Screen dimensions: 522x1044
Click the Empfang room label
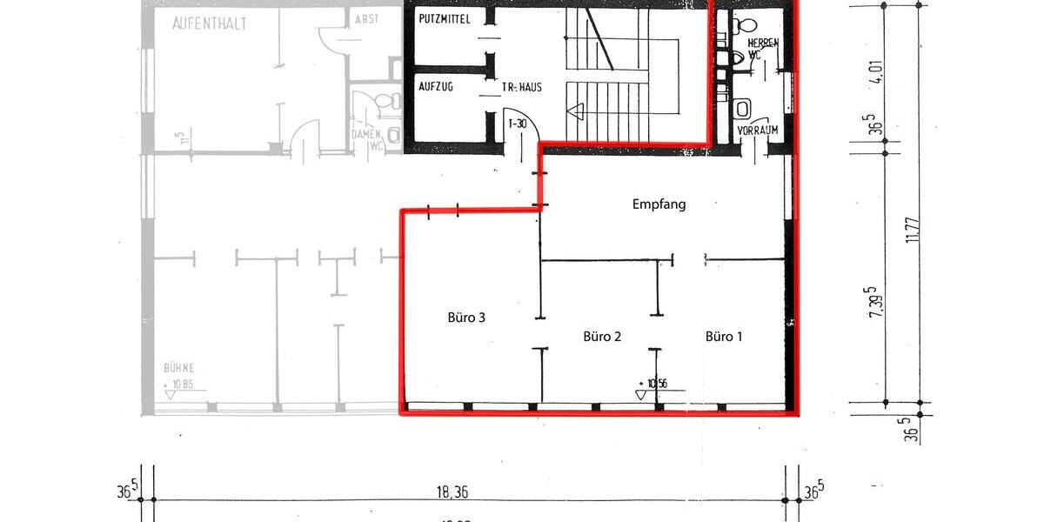pos(659,205)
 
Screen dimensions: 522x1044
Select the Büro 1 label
pos(724,337)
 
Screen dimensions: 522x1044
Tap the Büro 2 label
pos(601,337)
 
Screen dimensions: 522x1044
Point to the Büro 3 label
pos(465,318)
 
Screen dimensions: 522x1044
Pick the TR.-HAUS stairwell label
pos(522,88)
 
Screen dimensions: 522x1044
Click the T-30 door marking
pos(518,124)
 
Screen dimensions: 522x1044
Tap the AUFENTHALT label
pos(209,24)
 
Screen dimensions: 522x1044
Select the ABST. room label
pos(366,19)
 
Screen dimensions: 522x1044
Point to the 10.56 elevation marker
pos(654,383)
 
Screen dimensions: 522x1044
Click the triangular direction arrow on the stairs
pos(575,110)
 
